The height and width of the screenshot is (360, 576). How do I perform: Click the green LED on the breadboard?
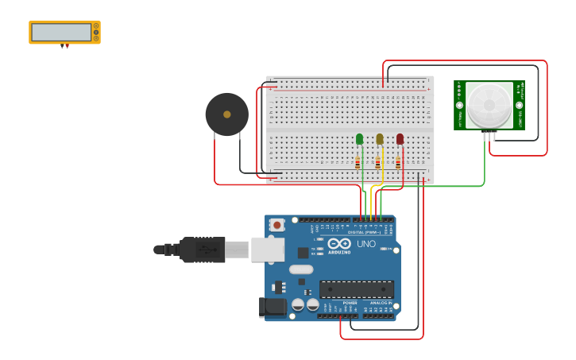pyautogui.click(x=359, y=139)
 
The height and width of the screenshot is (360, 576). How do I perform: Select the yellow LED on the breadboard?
pyautogui.click(x=380, y=139)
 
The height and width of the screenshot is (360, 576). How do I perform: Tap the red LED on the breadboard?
pyautogui.click(x=400, y=139)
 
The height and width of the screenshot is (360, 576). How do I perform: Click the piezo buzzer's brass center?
pyautogui.click(x=227, y=114)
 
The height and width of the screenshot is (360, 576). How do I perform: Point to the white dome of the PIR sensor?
pyautogui.click(x=489, y=105)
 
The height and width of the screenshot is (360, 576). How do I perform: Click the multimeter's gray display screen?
pyautogui.click(x=61, y=32)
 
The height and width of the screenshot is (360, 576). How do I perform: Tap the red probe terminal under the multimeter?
pyautogui.click(x=67, y=46)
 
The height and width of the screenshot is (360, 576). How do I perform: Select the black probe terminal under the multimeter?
pyautogui.click(x=62, y=46)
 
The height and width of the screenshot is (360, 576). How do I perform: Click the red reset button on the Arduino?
pyautogui.click(x=276, y=225)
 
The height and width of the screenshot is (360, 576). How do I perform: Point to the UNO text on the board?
pyautogui.click(x=366, y=244)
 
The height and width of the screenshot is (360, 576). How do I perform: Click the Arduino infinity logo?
pyautogui.click(x=339, y=244)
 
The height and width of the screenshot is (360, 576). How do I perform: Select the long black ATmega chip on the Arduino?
pyautogui.click(x=356, y=289)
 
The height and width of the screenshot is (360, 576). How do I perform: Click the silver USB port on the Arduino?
pyautogui.click(x=268, y=250)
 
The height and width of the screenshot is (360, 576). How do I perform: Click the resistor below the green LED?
pyautogui.click(x=358, y=163)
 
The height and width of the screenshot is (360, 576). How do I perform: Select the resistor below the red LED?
pyautogui.click(x=398, y=163)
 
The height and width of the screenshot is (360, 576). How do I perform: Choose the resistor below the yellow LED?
pyautogui.click(x=377, y=163)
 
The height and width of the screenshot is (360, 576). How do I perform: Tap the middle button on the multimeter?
pyautogui.click(x=96, y=32)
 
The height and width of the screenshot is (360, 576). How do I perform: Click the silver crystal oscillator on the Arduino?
pyautogui.click(x=301, y=269)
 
